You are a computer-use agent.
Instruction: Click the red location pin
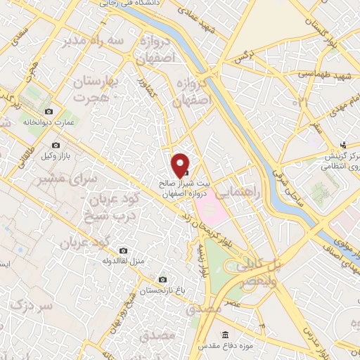pyautogui.click(x=180, y=165)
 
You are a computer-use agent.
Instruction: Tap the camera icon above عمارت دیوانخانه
pyautogui.click(x=49, y=112)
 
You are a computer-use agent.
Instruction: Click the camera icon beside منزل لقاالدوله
pyautogui.click(x=124, y=250)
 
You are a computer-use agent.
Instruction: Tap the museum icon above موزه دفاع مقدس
pyautogui.click(x=225, y=334)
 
